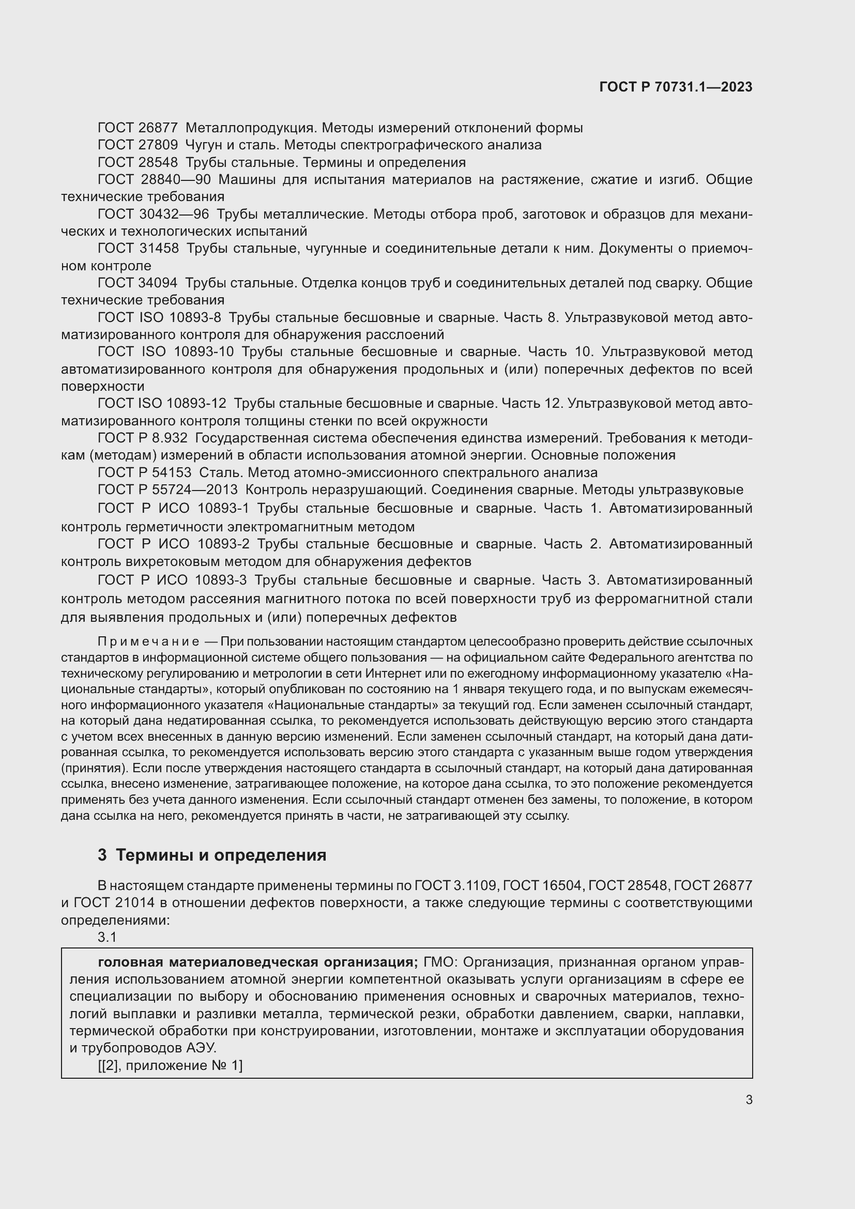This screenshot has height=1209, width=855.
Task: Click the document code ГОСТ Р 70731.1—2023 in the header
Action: point(676,87)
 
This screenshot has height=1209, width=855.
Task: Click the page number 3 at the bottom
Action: point(749,1100)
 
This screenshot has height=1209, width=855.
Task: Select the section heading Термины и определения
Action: point(221,855)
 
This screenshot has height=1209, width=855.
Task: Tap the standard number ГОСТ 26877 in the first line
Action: point(138,128)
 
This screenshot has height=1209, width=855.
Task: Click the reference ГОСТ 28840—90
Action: point(154,179)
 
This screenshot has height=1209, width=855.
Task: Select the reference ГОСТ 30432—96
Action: point(153,215)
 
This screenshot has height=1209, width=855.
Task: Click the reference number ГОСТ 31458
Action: point(138,248)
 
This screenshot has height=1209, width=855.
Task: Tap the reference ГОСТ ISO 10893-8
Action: point(160,317)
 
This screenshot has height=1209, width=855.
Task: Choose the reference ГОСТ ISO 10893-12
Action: point(162,403)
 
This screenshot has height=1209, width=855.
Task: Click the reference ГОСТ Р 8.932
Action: point(142,438)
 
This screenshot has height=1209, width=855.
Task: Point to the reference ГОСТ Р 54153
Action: point(144,472)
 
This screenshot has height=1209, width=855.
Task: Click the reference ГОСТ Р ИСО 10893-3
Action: point(172,580)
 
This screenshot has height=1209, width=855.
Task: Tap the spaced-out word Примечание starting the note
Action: point(148,642)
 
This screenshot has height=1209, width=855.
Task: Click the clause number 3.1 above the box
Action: point(107,938)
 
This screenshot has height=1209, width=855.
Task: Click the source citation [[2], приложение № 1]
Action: point(170,1066)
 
